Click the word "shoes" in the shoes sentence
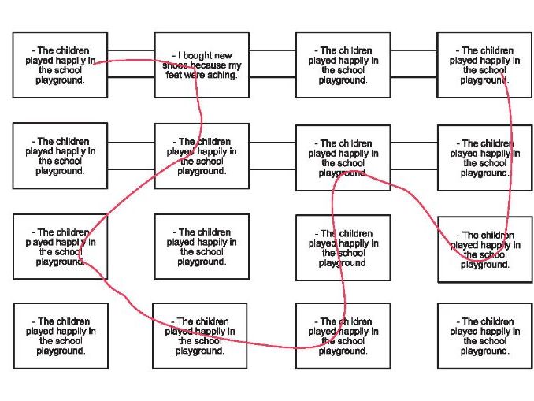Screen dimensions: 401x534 tap(176, 66)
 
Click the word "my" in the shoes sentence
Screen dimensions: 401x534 tap(235, 66)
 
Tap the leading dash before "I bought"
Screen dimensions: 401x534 tap(174, 56)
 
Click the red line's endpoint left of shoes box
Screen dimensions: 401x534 tap(94, 62)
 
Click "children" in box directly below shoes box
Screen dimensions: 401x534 tap(210, 142)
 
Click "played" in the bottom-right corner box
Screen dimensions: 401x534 tap(465, 332)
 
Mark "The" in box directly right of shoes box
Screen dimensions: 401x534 tap(328, 50)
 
